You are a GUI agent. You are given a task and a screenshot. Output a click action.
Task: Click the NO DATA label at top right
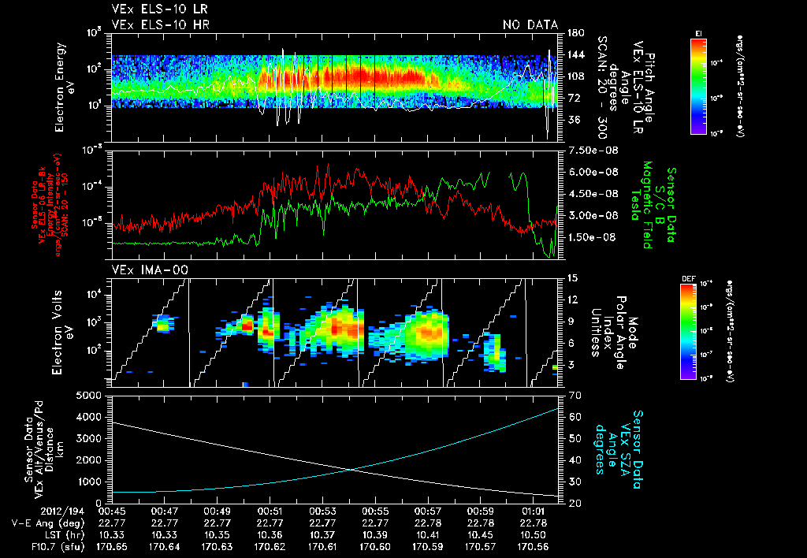tap(530, 25)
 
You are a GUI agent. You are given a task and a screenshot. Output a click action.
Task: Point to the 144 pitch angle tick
tap(575, 55)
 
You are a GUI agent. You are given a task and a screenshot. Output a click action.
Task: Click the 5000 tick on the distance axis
tap(91, 395)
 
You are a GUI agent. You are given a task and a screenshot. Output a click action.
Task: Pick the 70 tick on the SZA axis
tap(572, 395)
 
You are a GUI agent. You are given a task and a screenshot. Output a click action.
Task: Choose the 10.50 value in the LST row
tap(534, 534)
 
